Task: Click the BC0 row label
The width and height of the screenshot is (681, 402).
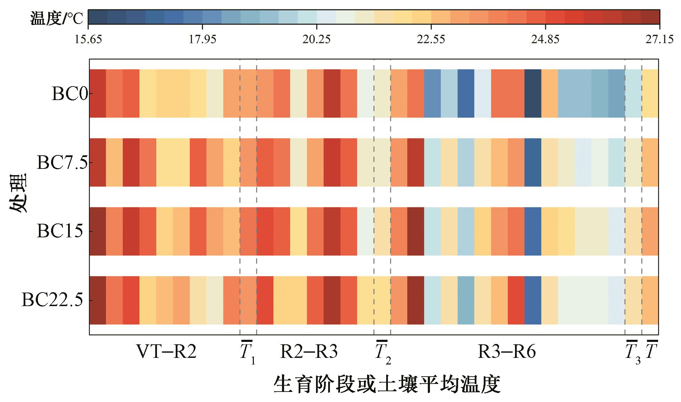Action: [69, 93]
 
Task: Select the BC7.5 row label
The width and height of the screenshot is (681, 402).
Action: [62, 162]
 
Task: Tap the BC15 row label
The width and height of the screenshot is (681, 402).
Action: [60, 231]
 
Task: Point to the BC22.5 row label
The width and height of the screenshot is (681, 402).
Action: [52, 300]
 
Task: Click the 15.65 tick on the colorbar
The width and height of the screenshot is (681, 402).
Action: [88, 39]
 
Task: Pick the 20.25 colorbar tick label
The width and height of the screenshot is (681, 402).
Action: [316, 39]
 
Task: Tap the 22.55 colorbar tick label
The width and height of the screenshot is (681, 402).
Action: [431, 39]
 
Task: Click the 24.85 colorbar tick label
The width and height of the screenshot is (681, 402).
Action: [545, 39]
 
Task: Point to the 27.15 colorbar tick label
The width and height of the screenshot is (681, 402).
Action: [659, 39]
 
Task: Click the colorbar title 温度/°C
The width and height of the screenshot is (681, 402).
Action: [57, 18]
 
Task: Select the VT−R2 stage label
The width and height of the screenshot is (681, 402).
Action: [166, 352]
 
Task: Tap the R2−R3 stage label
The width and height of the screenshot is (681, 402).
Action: [309, 352]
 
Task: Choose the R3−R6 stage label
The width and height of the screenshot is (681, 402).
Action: [507, 352]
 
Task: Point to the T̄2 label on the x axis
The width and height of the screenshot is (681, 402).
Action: [383, 352]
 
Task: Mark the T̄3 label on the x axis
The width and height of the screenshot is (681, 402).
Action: [632, 352]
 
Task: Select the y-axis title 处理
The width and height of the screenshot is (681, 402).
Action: [18, 193]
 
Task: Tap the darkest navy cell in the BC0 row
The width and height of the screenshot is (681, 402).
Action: [533, 93]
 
